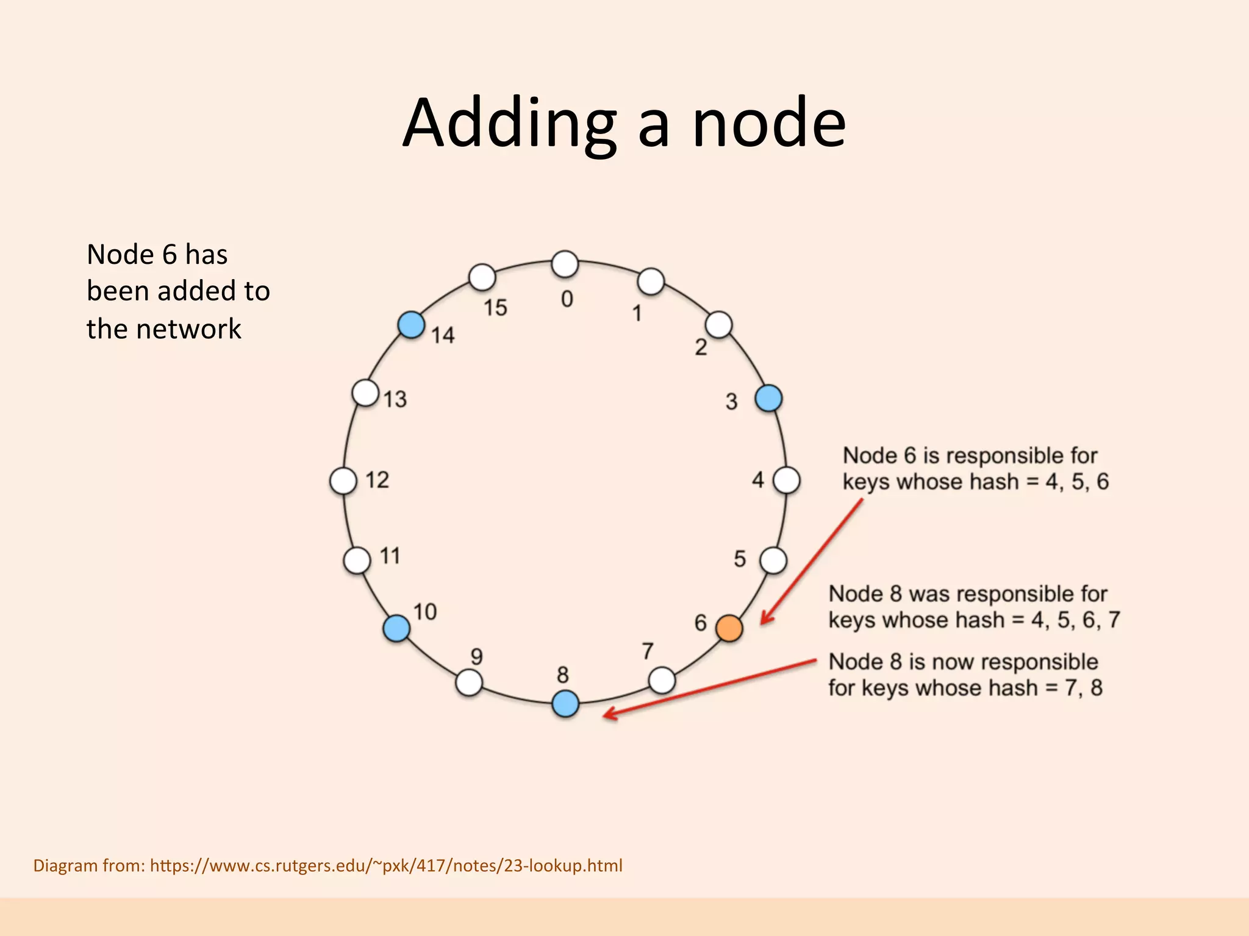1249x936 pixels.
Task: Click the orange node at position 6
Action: click(729, 628)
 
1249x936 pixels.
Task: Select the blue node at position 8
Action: click(565, 704)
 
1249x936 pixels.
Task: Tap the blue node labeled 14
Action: click(412, 324)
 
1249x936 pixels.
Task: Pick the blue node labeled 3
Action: click(768, 399)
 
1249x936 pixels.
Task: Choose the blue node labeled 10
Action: click(396, 628)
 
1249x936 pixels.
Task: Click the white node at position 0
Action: click(565, 264)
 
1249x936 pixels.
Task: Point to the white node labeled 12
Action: click(343, 481)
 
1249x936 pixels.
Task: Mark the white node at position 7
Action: click(662, 680)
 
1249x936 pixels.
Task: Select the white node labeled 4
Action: click(787, 480)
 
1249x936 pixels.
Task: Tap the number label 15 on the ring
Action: click(495, 308)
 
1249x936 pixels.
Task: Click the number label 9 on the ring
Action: click(477, 656)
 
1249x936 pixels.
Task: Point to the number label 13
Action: click(395, 399)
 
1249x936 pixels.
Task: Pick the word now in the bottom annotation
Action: click(955, 662)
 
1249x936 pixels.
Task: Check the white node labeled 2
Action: click(719, 325)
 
